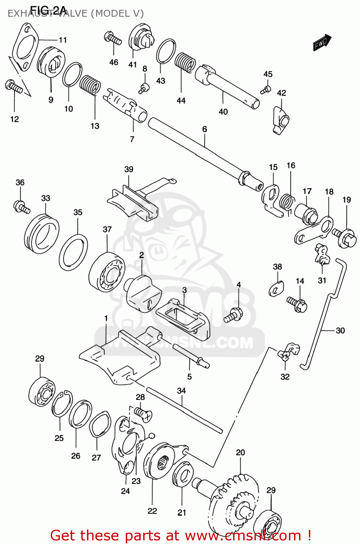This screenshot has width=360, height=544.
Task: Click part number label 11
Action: (63, 40)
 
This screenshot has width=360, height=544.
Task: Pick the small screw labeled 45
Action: (266, 89)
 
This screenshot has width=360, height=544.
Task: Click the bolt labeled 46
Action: (113, 38)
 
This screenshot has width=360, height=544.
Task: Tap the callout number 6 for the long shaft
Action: (204, 129)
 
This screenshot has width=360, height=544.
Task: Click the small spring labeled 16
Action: (288, 202)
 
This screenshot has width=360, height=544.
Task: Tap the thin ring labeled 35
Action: (73, 252)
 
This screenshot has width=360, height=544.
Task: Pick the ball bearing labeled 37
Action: (107, 272)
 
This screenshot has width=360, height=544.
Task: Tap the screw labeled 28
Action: (143, 413)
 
